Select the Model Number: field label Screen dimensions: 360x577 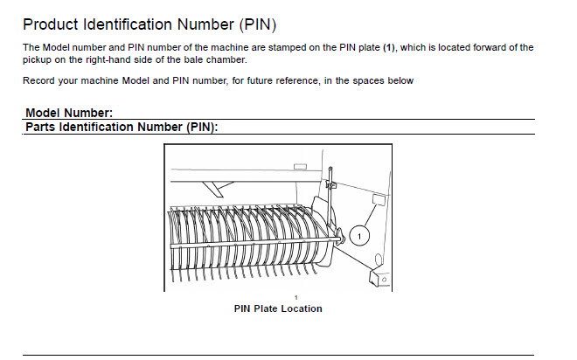point(69,114)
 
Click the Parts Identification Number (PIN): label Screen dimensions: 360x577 point(121,127)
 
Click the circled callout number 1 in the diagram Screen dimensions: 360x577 point(361,235)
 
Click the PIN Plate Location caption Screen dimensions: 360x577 point(278,308)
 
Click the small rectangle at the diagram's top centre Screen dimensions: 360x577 point(300,166)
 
